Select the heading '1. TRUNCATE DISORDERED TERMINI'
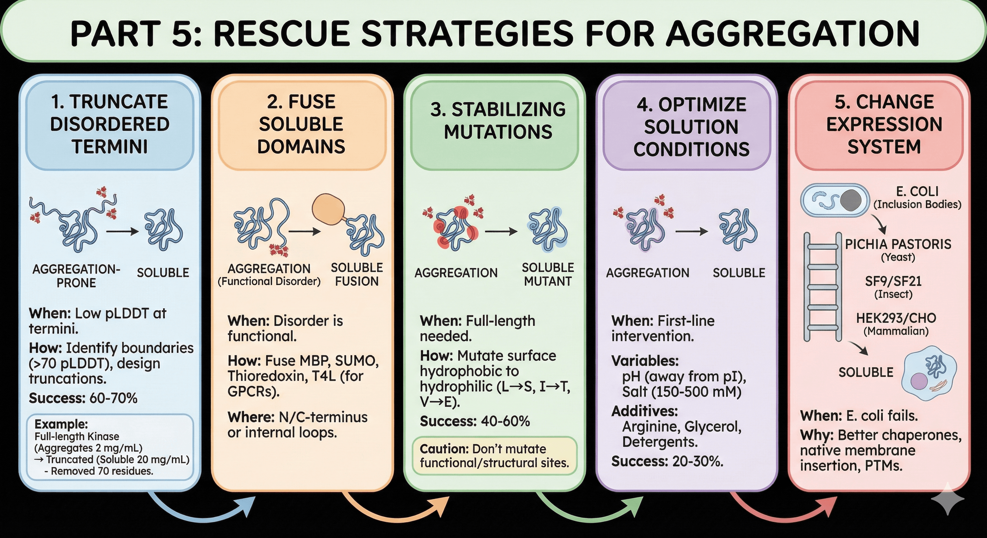pos(110,124)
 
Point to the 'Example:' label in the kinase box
pos(61,424)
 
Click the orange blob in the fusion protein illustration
pos(328,209)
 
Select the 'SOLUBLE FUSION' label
pos(357,274)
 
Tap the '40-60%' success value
pos(506,421)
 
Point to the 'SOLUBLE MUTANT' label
pos(547,274)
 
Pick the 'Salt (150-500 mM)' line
pos(682,392)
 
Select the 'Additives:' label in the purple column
pos(645,411)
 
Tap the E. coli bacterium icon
pos(835,200)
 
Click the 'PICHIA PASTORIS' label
pos(898,244)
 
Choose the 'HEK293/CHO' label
pos(896,318)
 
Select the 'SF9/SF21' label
pos(893,282)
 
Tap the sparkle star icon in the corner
pos(948,498)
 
